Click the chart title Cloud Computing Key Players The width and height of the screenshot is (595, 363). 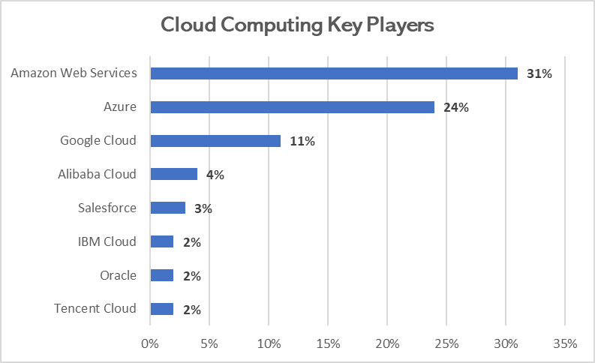pos(297,25)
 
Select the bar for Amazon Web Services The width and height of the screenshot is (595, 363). pos(334,73)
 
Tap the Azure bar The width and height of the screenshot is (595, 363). pos(293,107)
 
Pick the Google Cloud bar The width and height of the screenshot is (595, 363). pos(215,141)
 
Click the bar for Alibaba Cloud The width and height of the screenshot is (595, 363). pos(174,174)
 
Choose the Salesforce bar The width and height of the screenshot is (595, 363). pos(168,208)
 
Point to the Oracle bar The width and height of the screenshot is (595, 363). pos(162,275)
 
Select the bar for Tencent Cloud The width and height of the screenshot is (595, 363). pos(162,309)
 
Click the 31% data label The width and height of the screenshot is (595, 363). pos(539,74)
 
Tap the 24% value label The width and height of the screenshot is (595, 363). pos(455,108)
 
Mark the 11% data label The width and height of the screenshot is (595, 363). pos(302,142)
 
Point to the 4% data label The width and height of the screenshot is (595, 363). pos(215,175)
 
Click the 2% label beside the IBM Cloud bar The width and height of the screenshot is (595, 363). pos(191,242)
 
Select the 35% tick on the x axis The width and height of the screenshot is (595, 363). pos(564,344)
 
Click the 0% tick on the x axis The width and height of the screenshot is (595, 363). pos(150,344)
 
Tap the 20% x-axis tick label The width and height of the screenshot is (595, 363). pos(386,344)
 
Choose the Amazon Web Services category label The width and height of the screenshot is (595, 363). pos(74,73)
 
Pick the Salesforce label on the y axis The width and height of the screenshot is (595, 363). pos(107,208)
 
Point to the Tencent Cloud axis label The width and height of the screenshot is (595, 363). pos(95,308)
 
